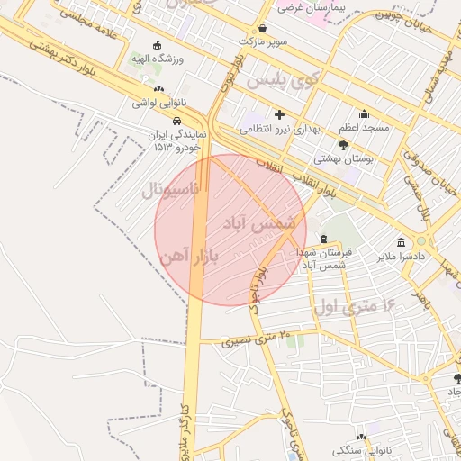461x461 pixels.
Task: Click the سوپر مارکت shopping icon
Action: coord(262,29)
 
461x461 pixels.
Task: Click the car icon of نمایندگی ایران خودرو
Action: coord(177,121)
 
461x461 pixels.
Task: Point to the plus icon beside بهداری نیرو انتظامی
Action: coord(279,114)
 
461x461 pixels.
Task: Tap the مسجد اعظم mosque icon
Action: coord(364,114)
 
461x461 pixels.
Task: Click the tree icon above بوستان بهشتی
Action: coord(343,144)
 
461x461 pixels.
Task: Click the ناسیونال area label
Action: coord(175,190)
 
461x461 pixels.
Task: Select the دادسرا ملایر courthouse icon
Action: coord(401,242)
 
